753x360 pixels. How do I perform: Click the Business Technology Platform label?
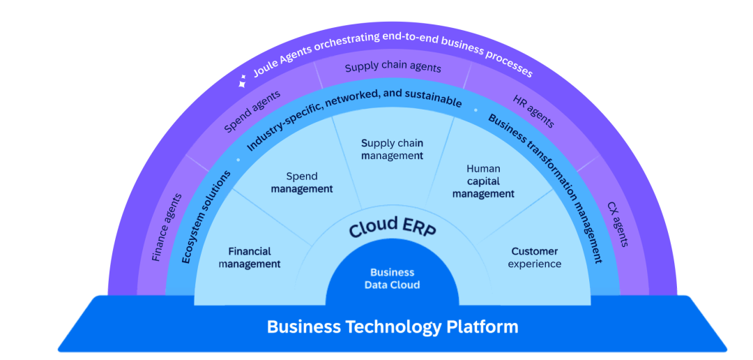click(393, 327)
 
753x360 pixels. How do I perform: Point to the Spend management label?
click(302, 183)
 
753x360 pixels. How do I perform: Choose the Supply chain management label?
click(393, 149)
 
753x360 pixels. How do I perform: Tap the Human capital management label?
click(483, 181)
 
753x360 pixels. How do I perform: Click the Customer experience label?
click(535, 257)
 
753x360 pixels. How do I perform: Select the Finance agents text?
click(167, 227)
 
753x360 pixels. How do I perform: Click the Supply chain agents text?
click(393, 68)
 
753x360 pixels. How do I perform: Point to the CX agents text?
click(618, 225)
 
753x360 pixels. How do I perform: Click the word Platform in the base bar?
click(482, 327)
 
